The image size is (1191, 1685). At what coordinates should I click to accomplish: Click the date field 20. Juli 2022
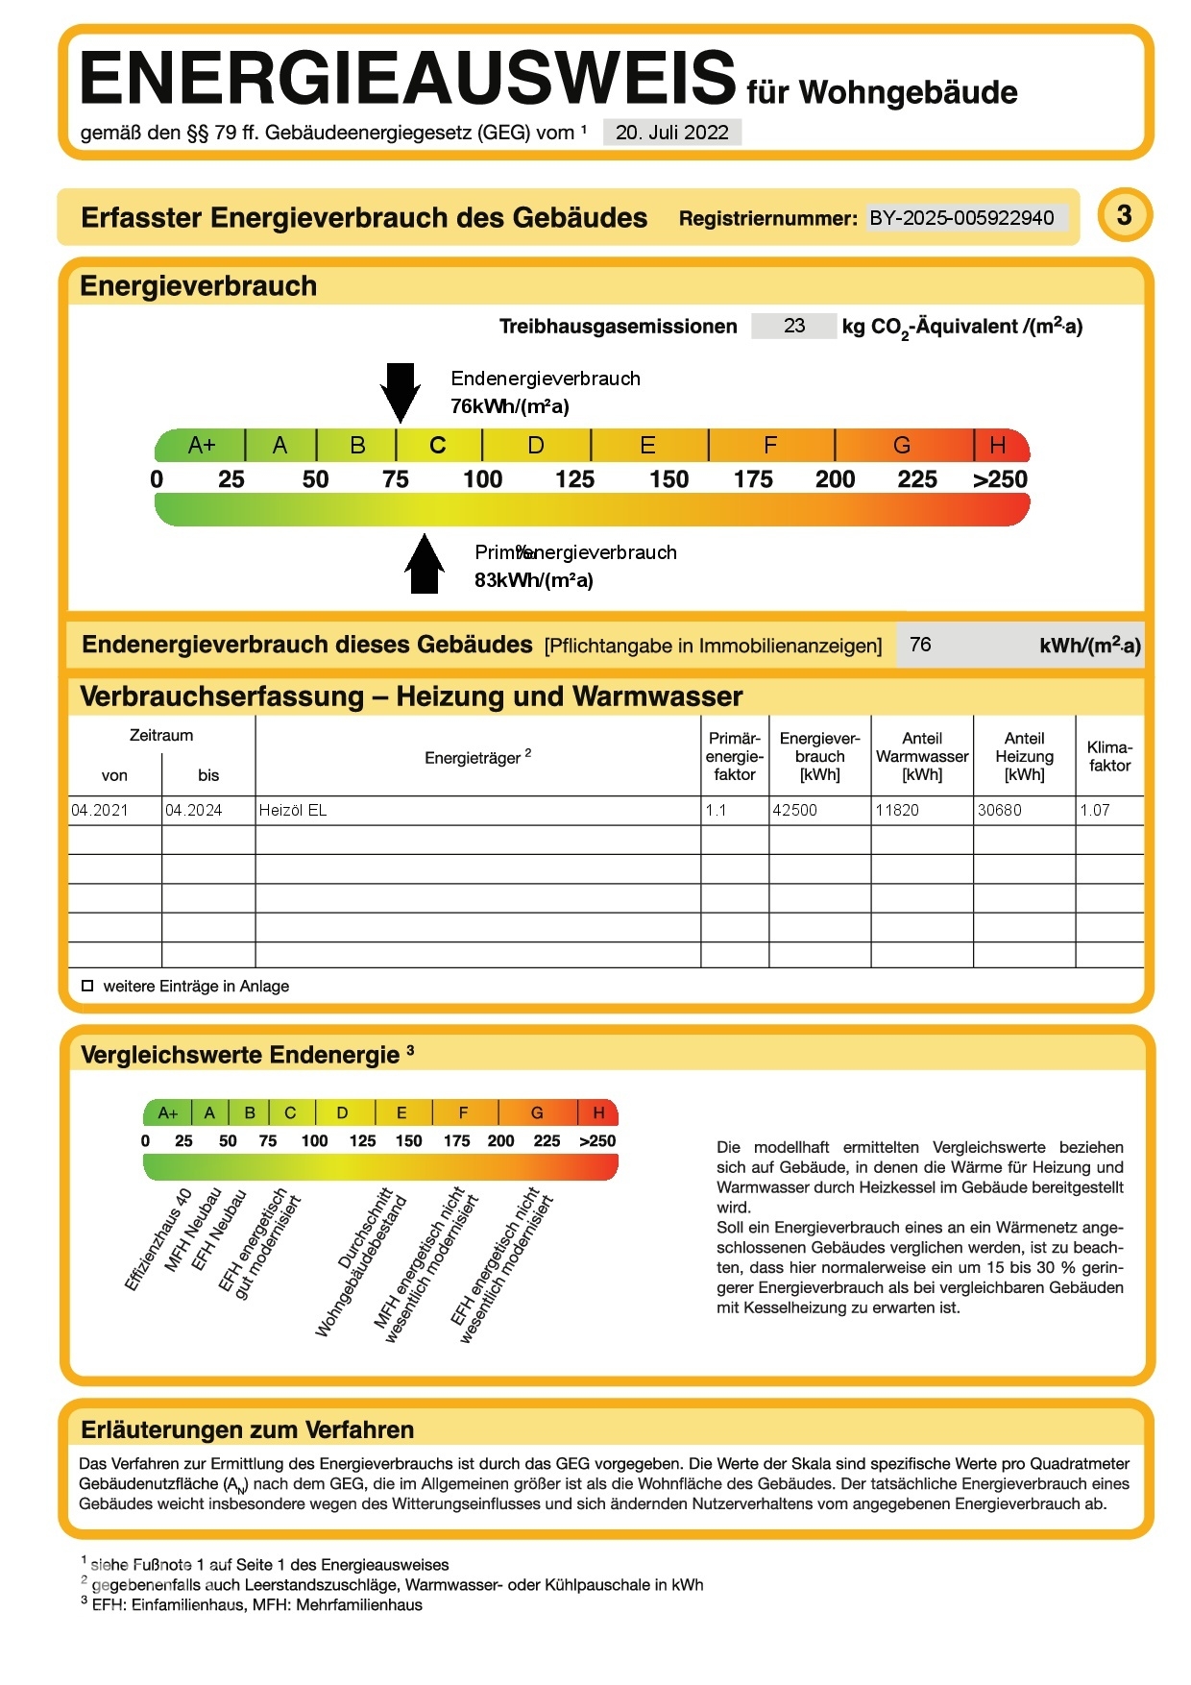coord(671,133)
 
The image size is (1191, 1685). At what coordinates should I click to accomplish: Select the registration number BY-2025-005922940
coord(961,218)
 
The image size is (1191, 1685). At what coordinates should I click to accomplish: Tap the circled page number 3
coord(1124,215)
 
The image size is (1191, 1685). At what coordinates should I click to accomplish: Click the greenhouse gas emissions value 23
coord(793,326)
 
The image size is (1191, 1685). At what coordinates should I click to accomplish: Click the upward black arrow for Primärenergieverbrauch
coord(425,565)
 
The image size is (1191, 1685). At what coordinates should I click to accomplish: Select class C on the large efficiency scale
coord(438,446)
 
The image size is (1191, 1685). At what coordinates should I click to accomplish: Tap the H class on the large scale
coord(998,446)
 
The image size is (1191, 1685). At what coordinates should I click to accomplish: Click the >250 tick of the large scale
coord(1000,479)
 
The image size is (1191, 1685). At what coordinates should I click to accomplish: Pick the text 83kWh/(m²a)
coord(533,580)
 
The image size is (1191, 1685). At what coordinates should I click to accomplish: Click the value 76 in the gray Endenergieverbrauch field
coord(920,645)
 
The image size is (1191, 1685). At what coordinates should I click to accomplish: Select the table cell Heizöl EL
coord(293,810)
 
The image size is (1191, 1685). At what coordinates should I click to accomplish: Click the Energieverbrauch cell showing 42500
coord(795,810)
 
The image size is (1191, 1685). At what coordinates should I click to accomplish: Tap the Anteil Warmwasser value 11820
coord(897,810)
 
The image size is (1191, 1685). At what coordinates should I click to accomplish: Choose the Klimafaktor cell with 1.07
coord(1095,810)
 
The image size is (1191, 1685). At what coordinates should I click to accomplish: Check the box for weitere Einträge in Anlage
coord(87,986)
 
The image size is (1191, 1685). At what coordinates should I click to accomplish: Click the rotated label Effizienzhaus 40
coord(158,1239)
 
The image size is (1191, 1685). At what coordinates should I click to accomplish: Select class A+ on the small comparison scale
coord(168,1113)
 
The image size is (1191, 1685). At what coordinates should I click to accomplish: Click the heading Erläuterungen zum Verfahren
coord(248,1429)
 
